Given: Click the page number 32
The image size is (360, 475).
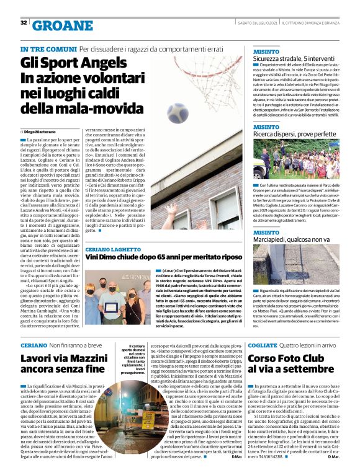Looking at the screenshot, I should [24, 23].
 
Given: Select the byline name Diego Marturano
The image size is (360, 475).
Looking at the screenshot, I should [43, 132].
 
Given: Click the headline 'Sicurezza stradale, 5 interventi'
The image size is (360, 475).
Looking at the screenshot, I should [294, 58].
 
